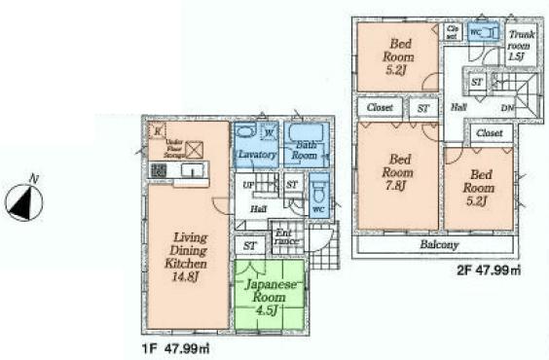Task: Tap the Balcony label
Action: tap(439, 244)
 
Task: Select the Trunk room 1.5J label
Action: tap(518, 45)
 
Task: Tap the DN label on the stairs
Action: tap(506, 107)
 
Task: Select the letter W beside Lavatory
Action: tap(267, 133)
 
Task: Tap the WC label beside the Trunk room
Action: tap(476, 31)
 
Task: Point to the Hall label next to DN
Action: tap(457, 107)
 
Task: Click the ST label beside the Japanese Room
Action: tap(250, 245)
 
